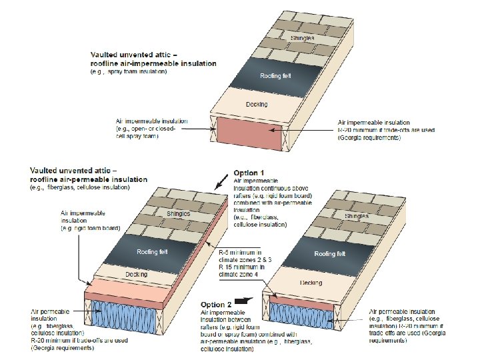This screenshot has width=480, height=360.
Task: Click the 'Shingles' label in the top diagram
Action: (302, 38)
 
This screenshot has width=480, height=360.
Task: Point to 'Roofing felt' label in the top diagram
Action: (274, 77)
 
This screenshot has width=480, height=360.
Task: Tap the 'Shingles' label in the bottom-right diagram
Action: (358, 217)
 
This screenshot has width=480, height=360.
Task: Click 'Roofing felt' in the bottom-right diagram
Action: (331, 254)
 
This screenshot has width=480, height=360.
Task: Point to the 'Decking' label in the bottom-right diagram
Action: (311, 283)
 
